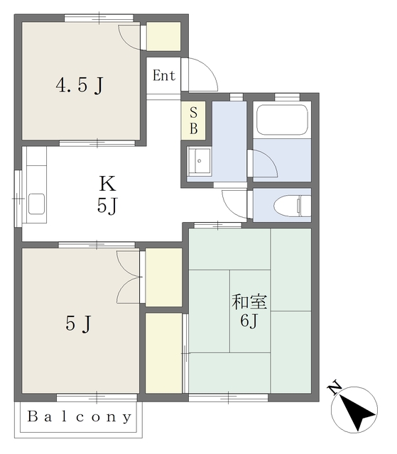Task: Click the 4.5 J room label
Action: pyautogui.click(x=80, y=85)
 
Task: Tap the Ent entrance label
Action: pyautogui.click(x=164, y=76)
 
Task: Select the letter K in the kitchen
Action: pyautogui.click(x=107, y=184)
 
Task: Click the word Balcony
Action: pyautogui.click(x=80, y=417)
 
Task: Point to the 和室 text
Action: pyautogui.click(x=249, y=301)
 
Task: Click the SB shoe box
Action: pyautogui.click(x=194, y=121)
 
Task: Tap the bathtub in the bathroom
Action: pyautogui.click(x=282, y=120)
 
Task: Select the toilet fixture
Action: pyautogui.click(x=293, y=205)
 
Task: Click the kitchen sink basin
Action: pyautogui.click(x=37, y=204)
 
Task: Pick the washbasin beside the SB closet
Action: pyautogui.click(x=199, y=161)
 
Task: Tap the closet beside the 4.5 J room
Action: pyautogui.click(x=163, y=36)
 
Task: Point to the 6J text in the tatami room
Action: pyautogui.click(x=249, y=320)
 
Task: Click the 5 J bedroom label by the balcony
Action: pyautogui.click(x=79, y=323)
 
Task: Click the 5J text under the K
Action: pyautogui.click(x=107, y=206)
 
